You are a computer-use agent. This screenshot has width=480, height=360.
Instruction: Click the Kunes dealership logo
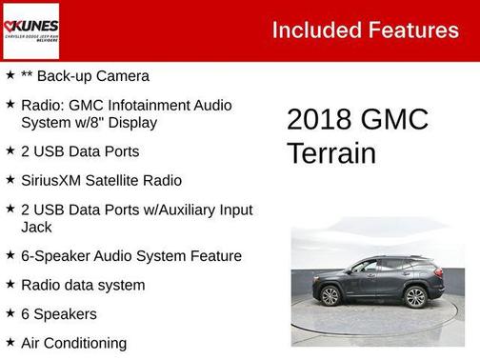30,30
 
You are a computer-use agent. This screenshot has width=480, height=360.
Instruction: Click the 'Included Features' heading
365,30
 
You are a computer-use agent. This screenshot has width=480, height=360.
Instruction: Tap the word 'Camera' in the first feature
121,76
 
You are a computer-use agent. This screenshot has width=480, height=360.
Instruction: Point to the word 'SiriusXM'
52,180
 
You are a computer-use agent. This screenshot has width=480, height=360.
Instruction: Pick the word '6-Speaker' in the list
53,256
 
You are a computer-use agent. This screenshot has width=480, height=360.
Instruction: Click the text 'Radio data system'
83,285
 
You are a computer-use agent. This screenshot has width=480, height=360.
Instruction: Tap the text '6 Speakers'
58,313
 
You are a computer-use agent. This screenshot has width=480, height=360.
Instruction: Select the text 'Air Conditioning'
73,343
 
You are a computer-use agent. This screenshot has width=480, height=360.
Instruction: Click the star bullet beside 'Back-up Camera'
10,75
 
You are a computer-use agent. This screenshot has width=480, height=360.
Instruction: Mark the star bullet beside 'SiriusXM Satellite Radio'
10,179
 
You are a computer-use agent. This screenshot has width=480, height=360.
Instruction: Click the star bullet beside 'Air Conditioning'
10,342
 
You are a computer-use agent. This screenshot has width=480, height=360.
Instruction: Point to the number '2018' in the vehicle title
319,120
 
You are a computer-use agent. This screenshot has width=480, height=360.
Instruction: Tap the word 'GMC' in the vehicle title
394,120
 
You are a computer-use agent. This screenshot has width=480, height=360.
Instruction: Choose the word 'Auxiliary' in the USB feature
184,210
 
